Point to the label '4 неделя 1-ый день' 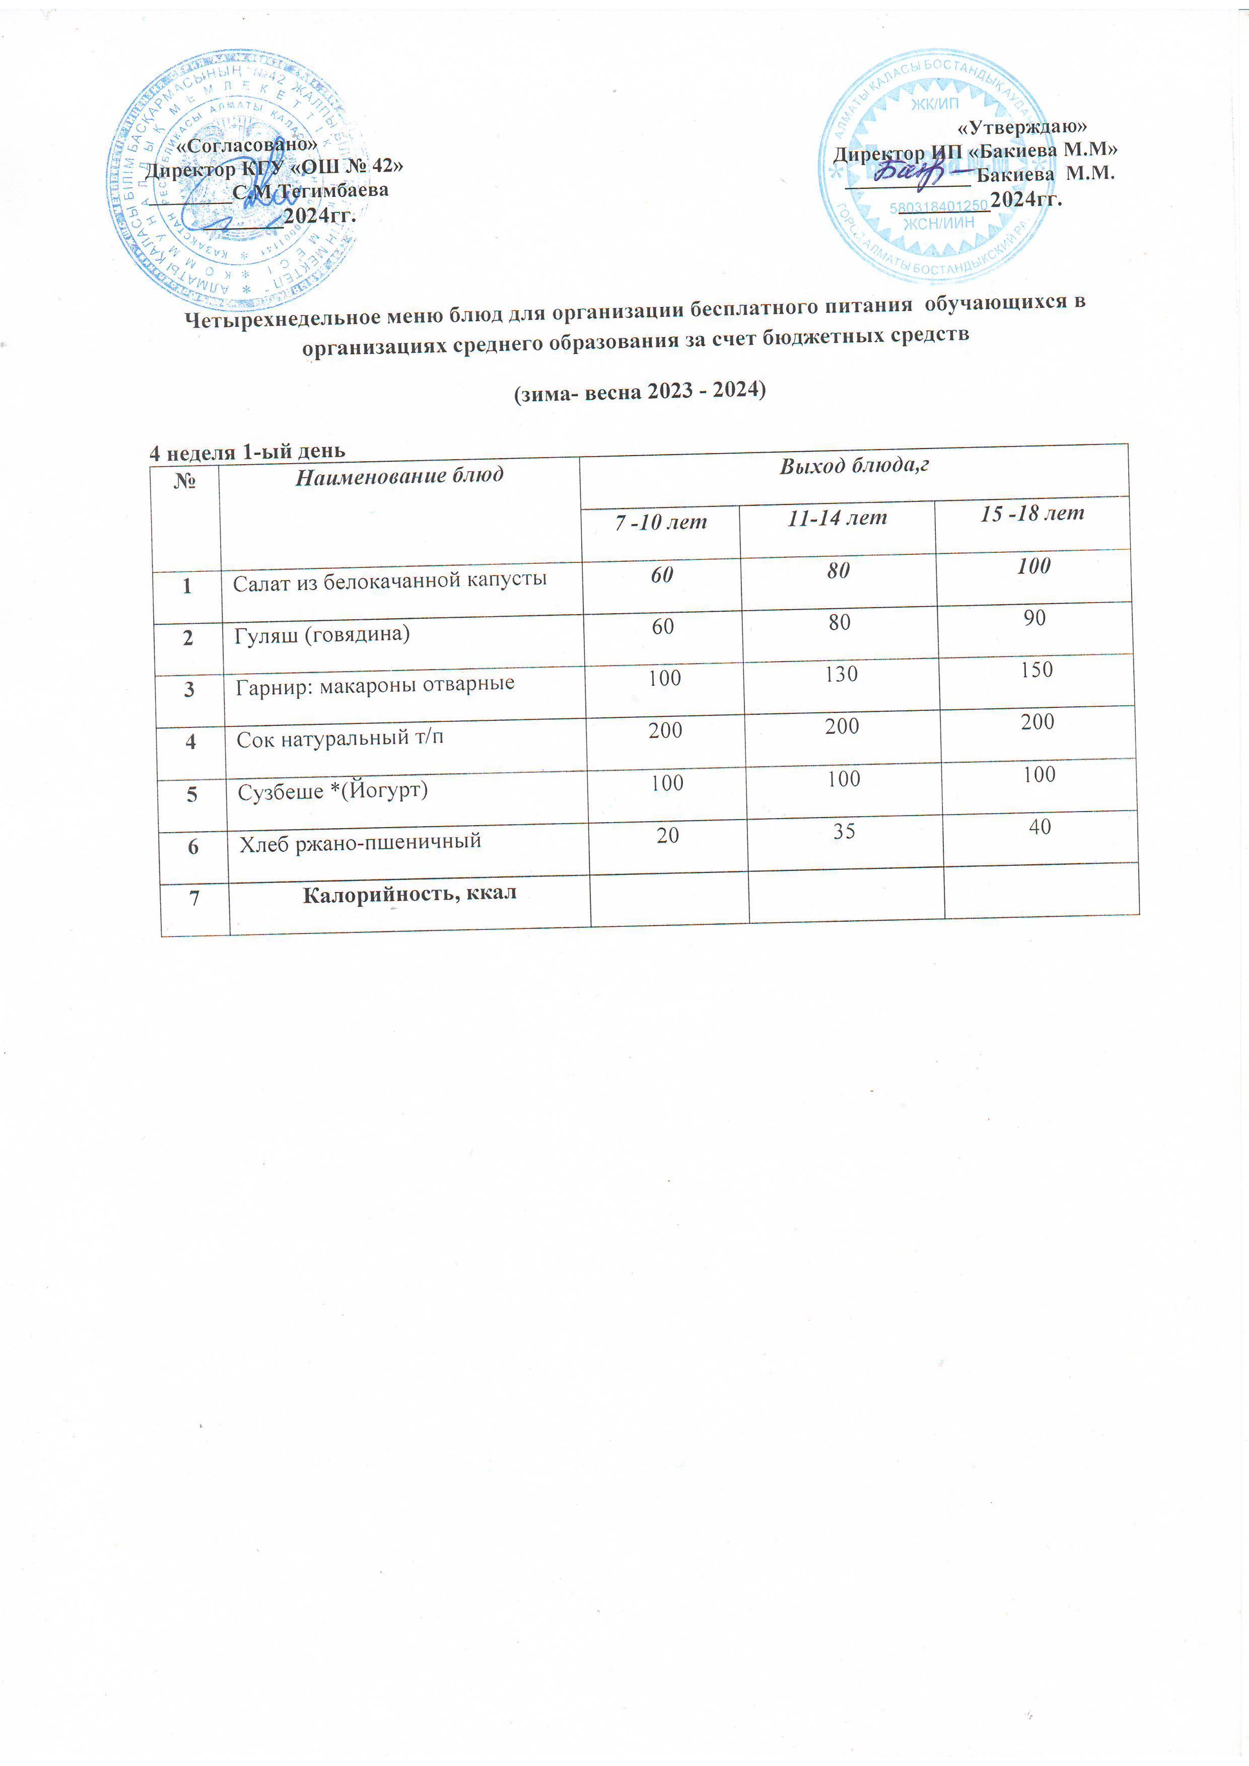point(247,452)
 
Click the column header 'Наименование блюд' point(399,476)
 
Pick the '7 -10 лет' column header point(660,522)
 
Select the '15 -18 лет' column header point(1032,514)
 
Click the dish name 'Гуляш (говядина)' point(322,634)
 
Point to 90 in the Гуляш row point(1034,618)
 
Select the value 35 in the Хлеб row point(844,832)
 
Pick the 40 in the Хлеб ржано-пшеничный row point(1039,828)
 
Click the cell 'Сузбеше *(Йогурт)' point(332,791)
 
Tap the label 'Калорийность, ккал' point(409,894)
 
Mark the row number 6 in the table point(193,847)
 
